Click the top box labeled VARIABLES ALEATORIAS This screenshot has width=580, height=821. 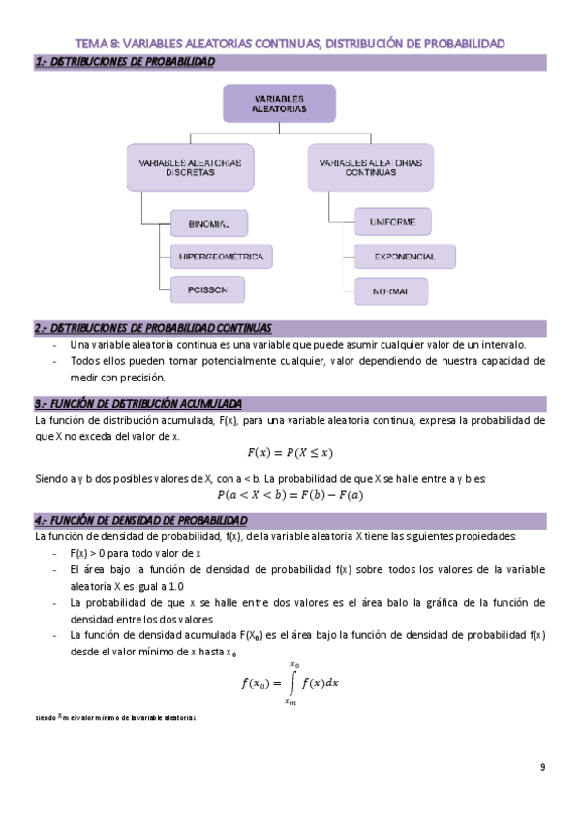click(x=279, y=105)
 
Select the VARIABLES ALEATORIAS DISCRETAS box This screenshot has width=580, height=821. click(x=191, y=166)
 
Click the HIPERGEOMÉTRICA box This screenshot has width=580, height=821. click(x=220, y=257)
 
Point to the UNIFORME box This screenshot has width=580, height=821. click(x=392, y=223)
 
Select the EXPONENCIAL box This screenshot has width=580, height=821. click(x=404, y=257)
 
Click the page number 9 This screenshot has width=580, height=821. click(x=542, y=767)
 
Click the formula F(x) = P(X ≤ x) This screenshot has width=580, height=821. click(x=290, y=452)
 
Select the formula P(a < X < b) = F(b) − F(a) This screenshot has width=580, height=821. click(x=290, y=495)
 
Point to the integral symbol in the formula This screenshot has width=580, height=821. click(x=291, y=682)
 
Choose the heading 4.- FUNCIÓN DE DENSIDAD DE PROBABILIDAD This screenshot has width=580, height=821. click(x=142, y=520)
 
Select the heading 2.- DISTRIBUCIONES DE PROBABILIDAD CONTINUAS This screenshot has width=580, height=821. click(x=153, y=328)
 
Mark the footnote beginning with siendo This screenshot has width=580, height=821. click(x=115, y=718)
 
